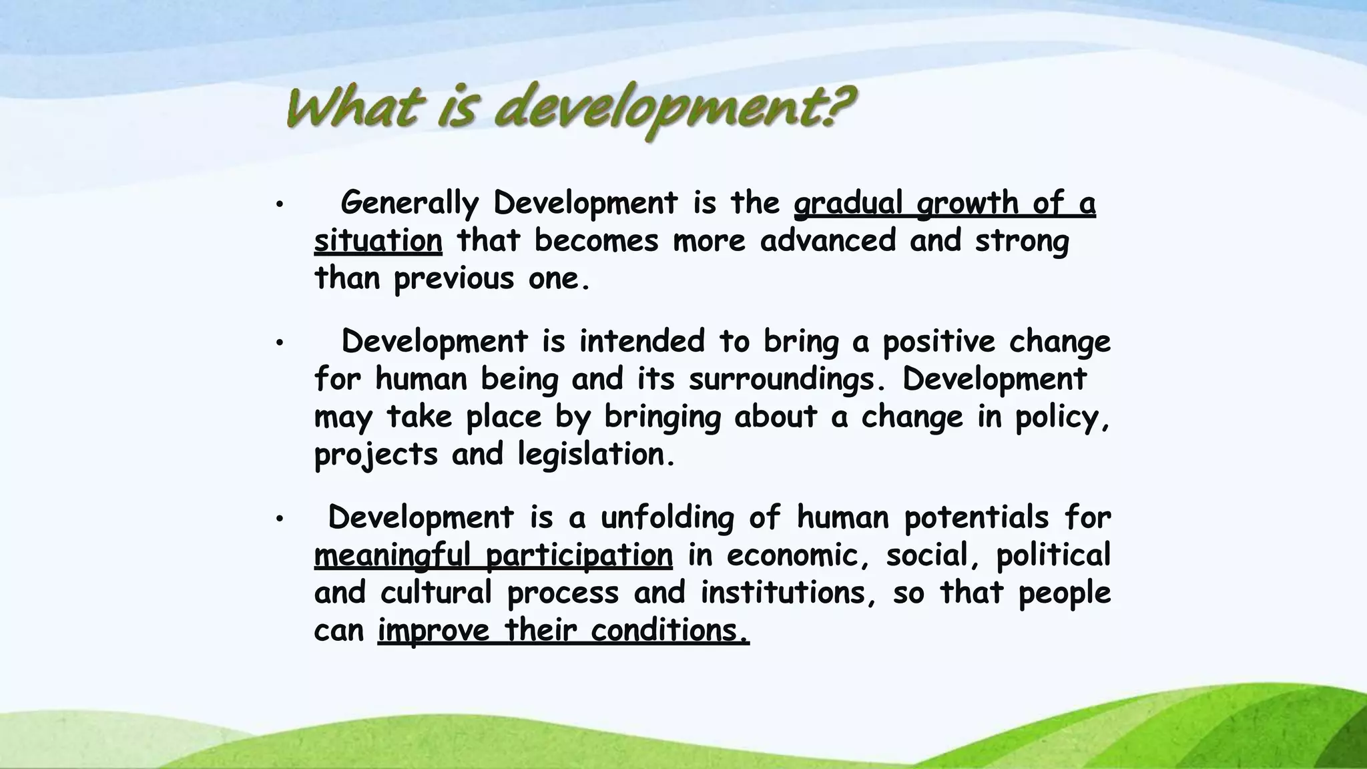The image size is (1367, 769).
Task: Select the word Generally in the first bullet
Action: pos(409,203)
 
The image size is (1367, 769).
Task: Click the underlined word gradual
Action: pos(848,203)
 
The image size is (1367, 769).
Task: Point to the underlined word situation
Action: pos(378,240)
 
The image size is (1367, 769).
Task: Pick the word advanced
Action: pos(828,240)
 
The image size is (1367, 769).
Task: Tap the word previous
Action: pos(453,278)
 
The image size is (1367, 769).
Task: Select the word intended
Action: pos(641,341)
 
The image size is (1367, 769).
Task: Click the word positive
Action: pos(938,342)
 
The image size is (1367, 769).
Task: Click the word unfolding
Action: pos(667,518)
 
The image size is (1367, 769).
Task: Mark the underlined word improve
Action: pos(434,630)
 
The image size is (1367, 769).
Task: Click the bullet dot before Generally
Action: pos(280,204)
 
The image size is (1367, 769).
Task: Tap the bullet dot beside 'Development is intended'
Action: pos(280,343)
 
